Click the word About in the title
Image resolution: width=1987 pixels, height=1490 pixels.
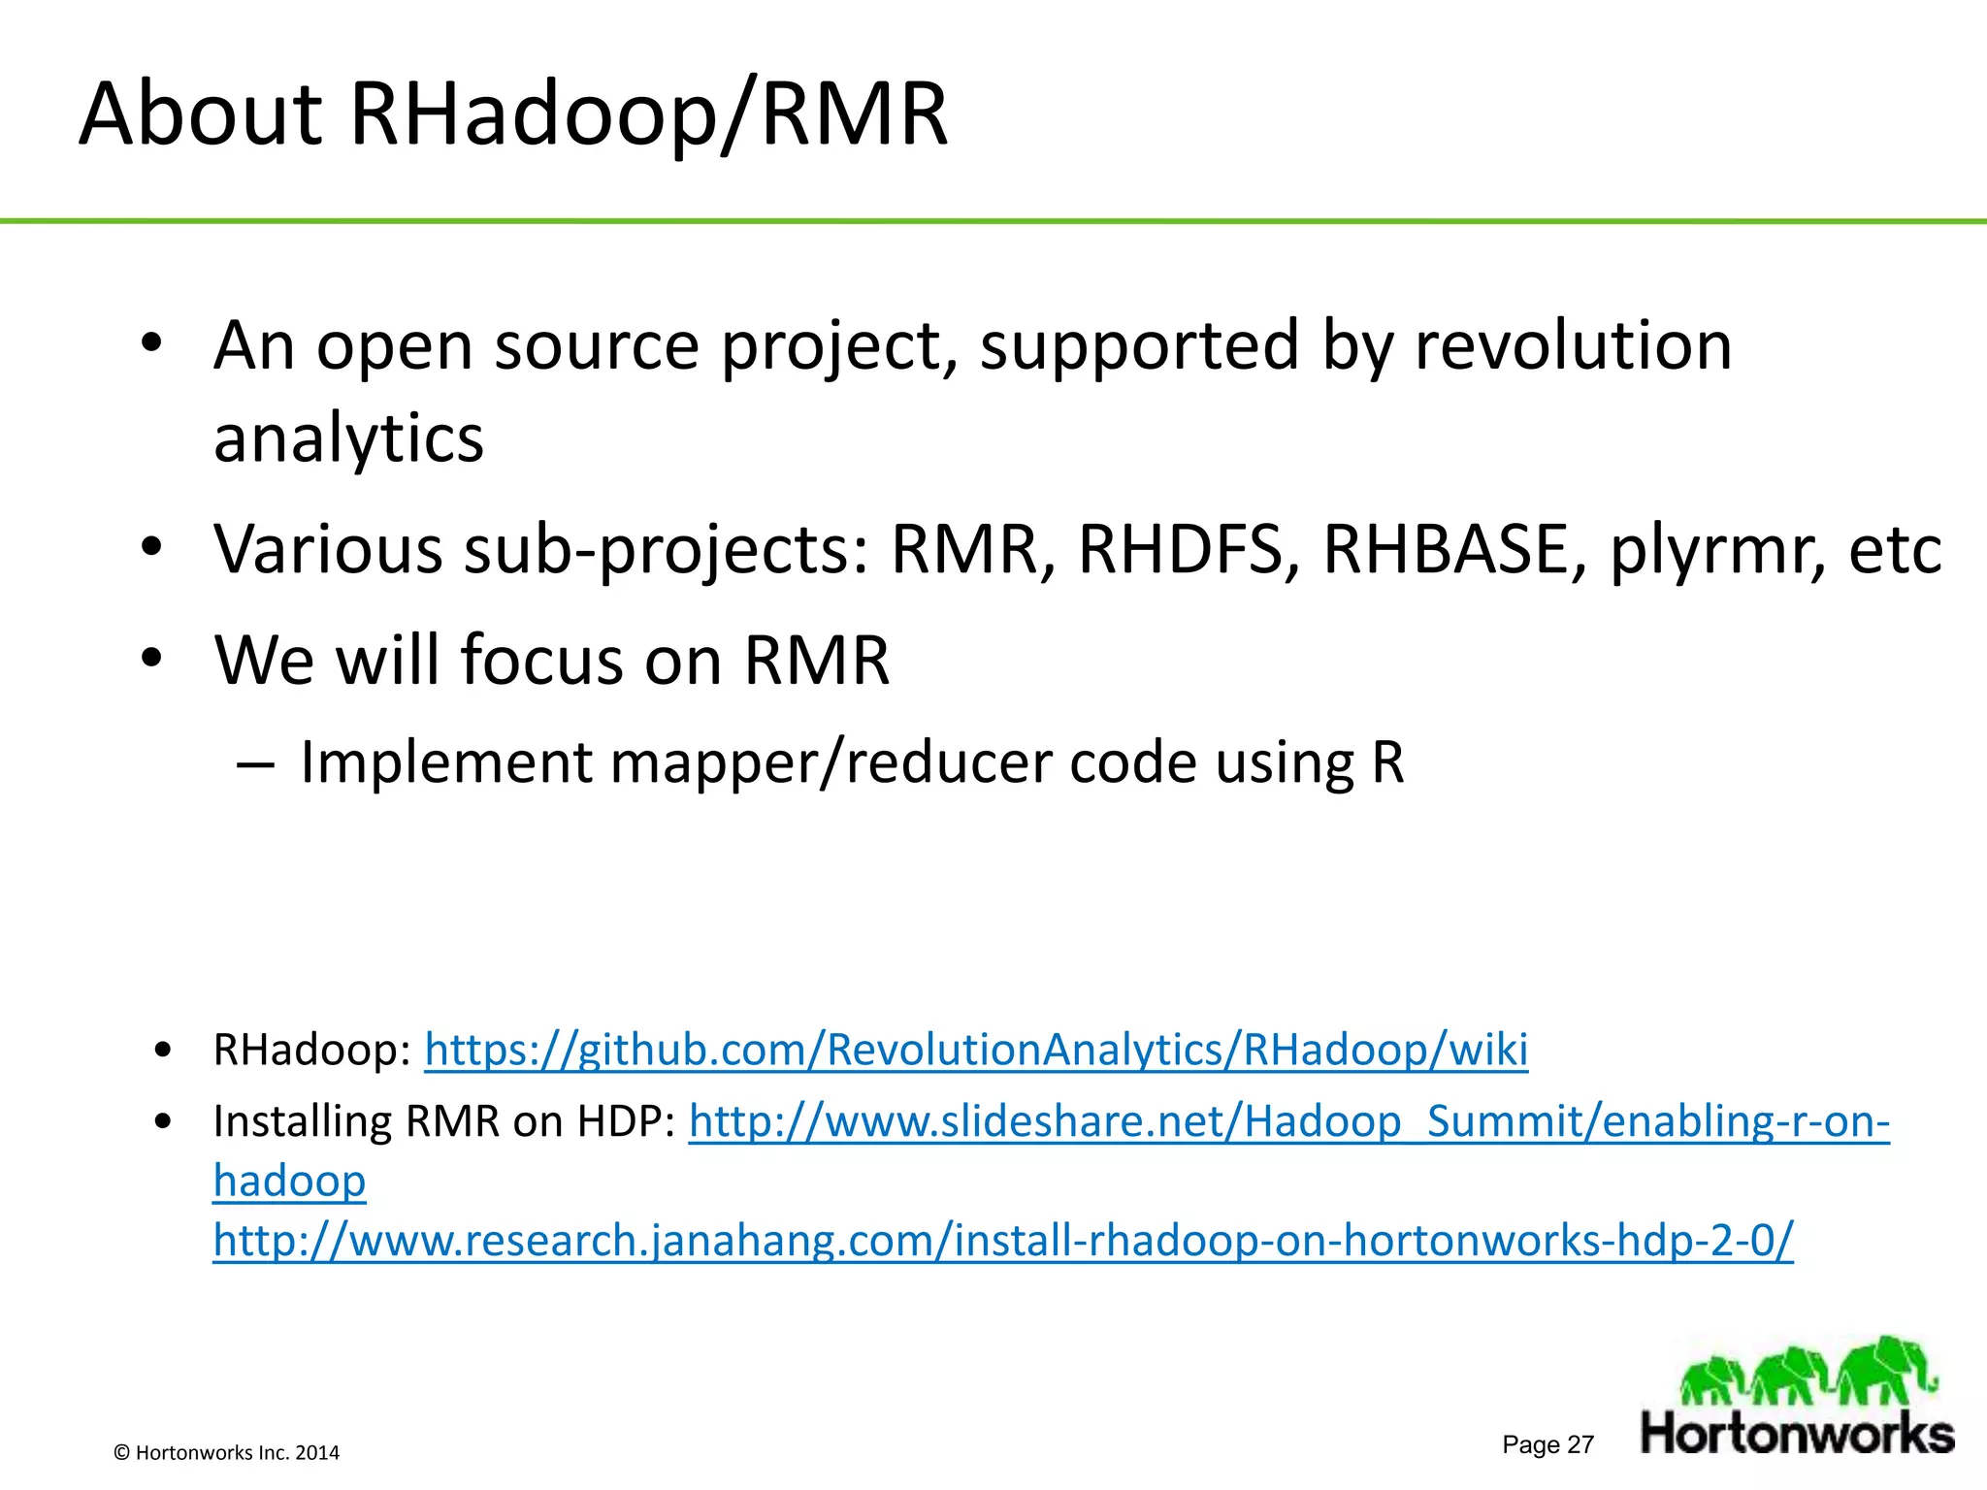[x=200, y=114]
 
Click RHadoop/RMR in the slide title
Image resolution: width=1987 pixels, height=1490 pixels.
[x=648, y=116]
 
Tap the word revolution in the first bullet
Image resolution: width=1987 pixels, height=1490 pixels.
[x=1573, y=345]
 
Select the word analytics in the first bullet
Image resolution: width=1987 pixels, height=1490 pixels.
[x=348, y=438]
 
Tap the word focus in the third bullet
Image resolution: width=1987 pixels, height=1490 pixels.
[x=540, y=661]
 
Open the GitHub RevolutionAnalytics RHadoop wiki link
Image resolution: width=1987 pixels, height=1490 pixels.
[x=976, y=1050]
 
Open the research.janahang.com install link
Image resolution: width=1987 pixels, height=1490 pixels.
[x=1003, y=1240]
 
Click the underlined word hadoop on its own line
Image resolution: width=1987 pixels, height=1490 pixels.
[x=289, y=1182]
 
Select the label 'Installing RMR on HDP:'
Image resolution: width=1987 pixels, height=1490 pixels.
[x=444, y=1121]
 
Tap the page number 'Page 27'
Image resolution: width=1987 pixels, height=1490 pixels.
[x=1547, y=1444]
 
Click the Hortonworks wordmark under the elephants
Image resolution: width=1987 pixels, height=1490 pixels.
[x=1797, y=1434]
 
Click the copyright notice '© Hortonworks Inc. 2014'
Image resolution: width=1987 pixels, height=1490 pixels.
[x=227, y=1452]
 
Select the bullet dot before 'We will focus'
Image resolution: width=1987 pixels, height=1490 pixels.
[x=151, y=659]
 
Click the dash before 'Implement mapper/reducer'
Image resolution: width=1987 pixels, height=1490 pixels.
[x=255, y=764]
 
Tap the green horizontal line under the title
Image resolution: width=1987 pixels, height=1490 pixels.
[x=993, y=221]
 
